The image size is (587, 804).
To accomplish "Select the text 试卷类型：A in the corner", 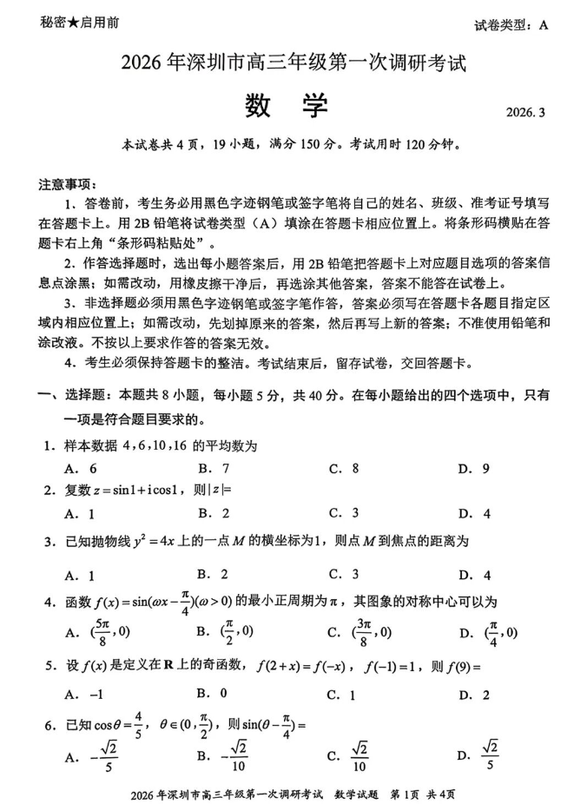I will (512, 25).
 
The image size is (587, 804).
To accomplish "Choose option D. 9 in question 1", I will (473, 469).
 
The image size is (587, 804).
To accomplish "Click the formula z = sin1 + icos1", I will (142, 491).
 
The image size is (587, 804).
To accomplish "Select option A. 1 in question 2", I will (80, 513).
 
